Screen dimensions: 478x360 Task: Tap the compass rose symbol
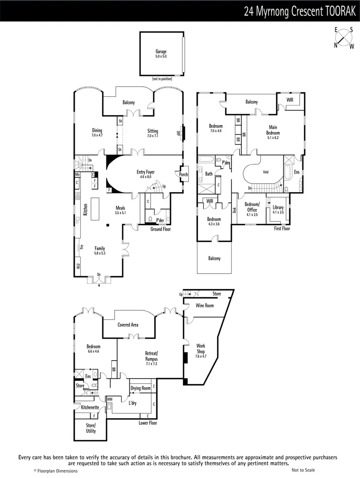click(344, 38)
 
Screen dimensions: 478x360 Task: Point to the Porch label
click(183, 174)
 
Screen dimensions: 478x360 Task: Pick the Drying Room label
click(140, 388)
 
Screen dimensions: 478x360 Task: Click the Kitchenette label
click(90, 407)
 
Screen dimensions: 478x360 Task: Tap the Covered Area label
click(128, 325)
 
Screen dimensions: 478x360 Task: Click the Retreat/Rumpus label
click(151, 356)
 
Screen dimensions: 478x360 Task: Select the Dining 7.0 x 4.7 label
click(97, 132)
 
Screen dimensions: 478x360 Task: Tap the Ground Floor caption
click(161, 229)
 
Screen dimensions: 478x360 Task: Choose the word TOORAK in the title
click(340, 12)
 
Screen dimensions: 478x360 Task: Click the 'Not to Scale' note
click(303, 470)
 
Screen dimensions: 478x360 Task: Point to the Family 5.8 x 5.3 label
click(99, 251)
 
